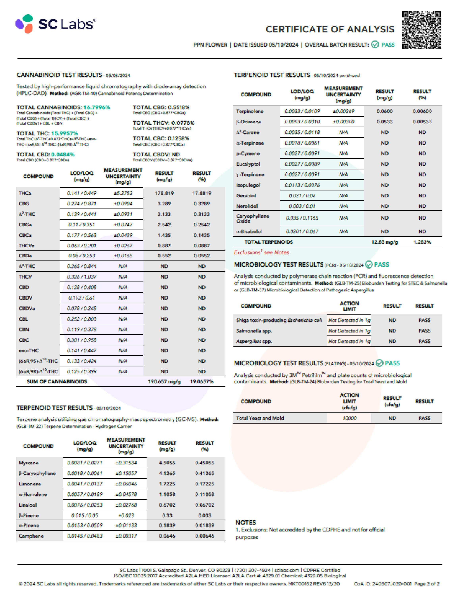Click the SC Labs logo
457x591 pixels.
tap(56, 24)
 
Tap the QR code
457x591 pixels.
tap(421, 30)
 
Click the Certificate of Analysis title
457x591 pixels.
tap(330, 29)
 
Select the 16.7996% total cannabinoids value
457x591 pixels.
tap(97, 108)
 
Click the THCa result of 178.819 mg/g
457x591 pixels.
tap(164, 193)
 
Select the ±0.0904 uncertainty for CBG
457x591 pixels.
tap(123, 204)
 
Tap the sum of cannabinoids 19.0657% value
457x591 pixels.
tap(202, 382)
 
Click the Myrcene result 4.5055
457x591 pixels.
tap(167, 463)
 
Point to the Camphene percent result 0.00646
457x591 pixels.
tap(205, 536)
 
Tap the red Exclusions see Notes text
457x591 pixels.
tap(261, 252)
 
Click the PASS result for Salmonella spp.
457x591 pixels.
tap(424, 331)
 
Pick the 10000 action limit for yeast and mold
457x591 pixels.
tap(350, 418)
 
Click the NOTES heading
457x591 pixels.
tap(246, 522)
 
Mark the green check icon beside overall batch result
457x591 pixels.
tap(375, 44)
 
